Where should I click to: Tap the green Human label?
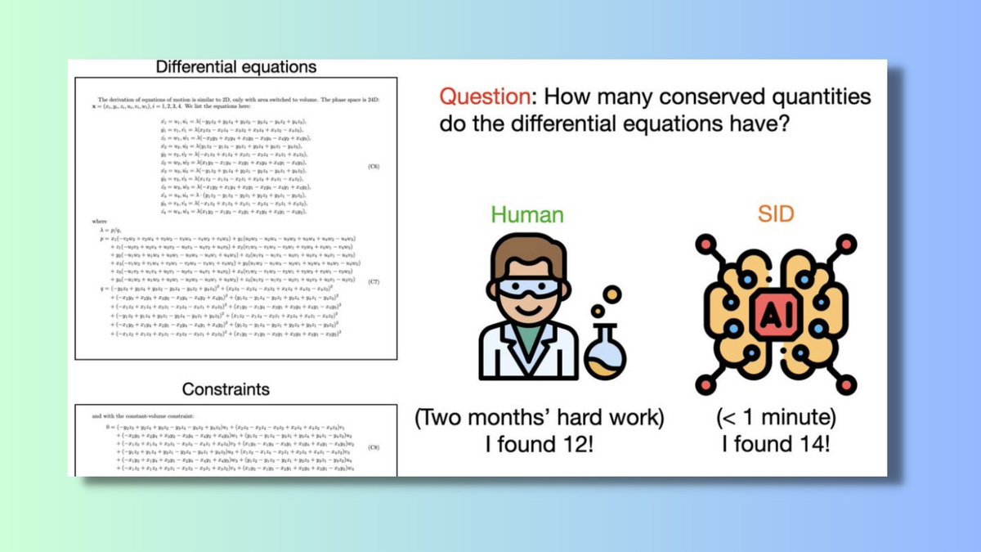pyautogui.click(x=528, y=215)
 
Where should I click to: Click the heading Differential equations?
pyautogui.click(x=235, y=66)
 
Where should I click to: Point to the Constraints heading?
pyautogui.click(x=226, y=388)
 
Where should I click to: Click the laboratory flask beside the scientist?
pyautogui.click(x=605, y=357)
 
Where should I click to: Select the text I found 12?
pyautogui.click(x=539, y=446)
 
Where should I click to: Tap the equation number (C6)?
pyautogui.click(x=374, y=166)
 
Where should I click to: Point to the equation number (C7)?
pyautogui.click(x=374, y=282)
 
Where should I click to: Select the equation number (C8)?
pyautogui.click(x=374, y=447)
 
